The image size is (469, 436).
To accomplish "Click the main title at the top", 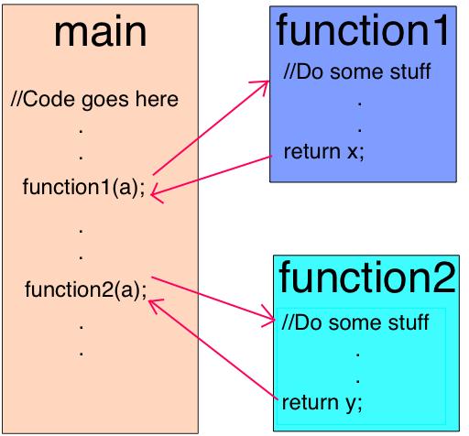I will tap(101, 32).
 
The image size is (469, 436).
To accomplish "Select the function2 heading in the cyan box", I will tap(366, 277).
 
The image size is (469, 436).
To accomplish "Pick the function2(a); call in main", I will tap(85, 290).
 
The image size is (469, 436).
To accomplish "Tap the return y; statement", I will tap(322, 401).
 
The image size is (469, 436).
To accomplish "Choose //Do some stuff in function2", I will tap(355, 322).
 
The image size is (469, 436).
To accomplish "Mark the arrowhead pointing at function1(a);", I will tap(156, 193).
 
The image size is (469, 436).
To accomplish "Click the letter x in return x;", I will tap(353, 152).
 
